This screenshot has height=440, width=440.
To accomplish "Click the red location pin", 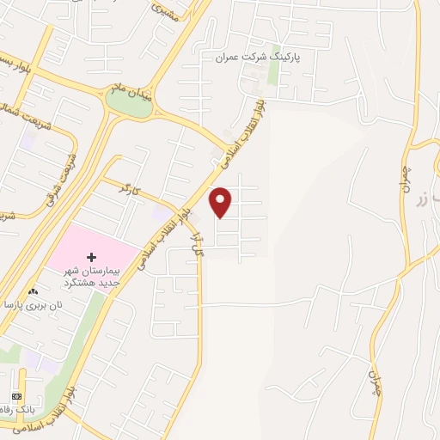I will [x=221, y=201].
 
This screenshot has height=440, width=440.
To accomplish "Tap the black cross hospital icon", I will [x=92, y=257].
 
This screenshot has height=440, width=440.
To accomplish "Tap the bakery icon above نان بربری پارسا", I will [x=34, y=292].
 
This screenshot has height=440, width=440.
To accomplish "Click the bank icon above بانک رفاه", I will [x=16, y=395].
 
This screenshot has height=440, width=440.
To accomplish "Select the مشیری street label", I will [x=162, y=11].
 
